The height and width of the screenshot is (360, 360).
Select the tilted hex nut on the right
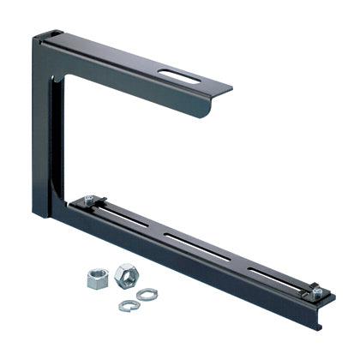pyautogui.click(x=124, y=275)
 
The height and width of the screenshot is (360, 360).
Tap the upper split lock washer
pyautogui.click(x=147, y=295)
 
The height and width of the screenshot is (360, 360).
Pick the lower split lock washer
pyautogui.click(x=129, y=305)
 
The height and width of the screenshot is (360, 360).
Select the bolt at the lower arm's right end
pyautogui.click(x=316, y=291)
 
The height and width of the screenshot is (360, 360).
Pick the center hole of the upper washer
pyautogui.click(x=147, y=295)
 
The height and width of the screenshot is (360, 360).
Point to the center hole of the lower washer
pyautogui.click(x=129, y=305)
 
